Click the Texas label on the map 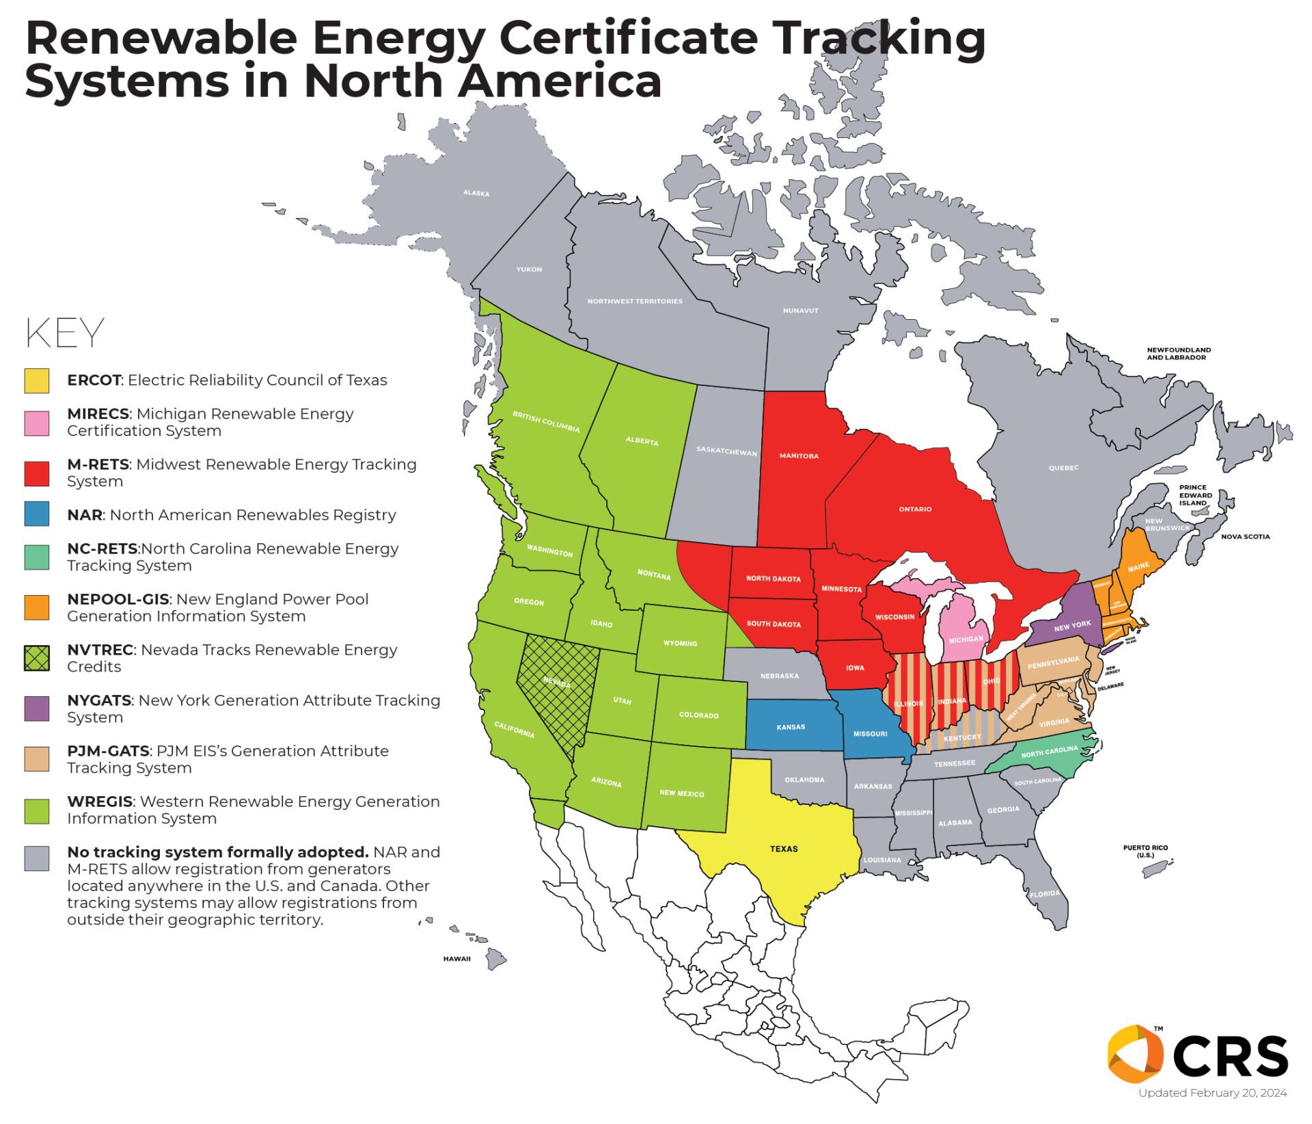coord(784,849)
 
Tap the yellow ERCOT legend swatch coord(37,381)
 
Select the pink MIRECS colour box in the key coord(37,423)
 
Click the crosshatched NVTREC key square coord(37,658)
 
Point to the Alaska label coord(476,193)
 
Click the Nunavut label coord(800,311)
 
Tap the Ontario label coord(915,509)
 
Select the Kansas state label coord(791,727)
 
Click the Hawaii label coord(456,959)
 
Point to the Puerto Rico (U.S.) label coord(1145,851)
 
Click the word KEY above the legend coord(65,333)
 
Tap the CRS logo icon coord(1135,1054)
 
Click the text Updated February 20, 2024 coord(1212,1093)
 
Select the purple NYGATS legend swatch coord(37,709)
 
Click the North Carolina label coord(1049,752)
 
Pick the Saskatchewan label coord(726,451)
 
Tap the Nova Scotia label coord(1245,536)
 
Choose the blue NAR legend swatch coord(37,514)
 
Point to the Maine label coord(1138,567)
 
